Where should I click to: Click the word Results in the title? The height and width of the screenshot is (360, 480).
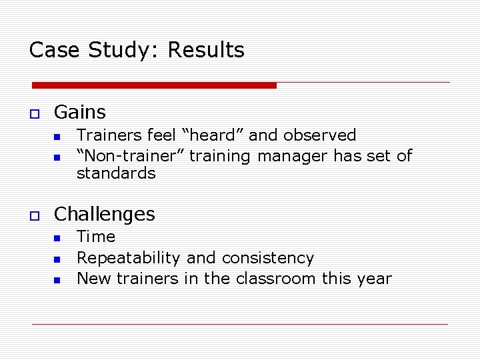(x=206, y=50)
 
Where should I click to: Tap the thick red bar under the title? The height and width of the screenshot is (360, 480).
(x=154, y=85)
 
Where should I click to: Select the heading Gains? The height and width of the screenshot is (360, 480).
(x=79, y=112)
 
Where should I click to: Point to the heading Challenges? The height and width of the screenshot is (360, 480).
(x=104, y=214)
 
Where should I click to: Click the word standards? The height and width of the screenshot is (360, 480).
(x=116, y=173)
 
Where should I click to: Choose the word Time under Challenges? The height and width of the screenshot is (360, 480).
(x=96, y=237)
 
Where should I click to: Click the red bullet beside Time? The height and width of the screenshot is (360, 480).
(x=57, y=237)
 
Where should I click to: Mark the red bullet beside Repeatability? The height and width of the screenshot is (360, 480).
(x=57, y=259)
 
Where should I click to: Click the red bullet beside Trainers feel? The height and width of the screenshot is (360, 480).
(x=57, y=136)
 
